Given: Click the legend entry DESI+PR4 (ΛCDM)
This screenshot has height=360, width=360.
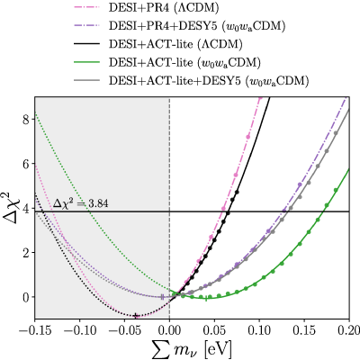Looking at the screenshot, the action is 164,8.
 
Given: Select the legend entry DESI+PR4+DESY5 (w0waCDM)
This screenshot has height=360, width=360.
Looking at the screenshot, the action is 197,26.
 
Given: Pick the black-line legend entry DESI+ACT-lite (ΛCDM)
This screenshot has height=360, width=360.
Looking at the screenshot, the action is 175,44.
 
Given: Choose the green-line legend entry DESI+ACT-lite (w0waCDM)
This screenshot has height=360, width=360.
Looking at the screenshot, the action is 184,63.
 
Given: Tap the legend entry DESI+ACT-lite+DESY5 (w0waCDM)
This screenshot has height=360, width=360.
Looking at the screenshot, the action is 209,81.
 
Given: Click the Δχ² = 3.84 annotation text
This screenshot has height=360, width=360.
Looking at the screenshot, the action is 81,203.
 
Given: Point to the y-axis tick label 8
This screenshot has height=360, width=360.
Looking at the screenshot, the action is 26,120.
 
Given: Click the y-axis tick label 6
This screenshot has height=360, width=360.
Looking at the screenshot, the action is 26,164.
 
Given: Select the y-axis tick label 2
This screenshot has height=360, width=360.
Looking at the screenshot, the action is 26,253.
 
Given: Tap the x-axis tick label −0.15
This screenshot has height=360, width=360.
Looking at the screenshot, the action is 34,331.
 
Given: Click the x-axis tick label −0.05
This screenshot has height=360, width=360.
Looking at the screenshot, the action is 124,331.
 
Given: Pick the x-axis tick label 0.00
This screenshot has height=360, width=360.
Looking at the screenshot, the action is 169,331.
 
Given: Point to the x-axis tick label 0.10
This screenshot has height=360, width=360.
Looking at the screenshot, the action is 259,331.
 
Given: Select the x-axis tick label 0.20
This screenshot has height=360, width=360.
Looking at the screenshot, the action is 349,331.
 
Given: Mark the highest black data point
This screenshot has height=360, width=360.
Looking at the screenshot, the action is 237,192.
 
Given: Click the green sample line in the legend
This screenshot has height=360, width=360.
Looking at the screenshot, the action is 87,63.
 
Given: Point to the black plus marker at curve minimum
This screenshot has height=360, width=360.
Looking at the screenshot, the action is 136,316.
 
